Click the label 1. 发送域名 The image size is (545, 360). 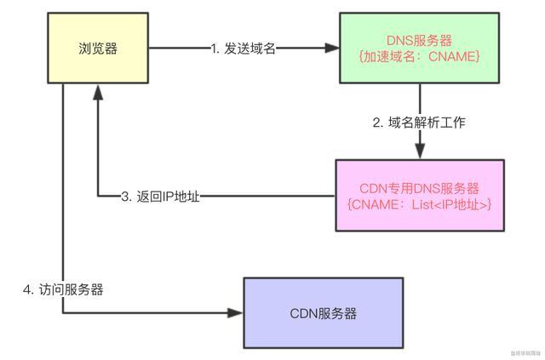(x=243, y=49)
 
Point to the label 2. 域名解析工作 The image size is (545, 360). (x=420, y=122)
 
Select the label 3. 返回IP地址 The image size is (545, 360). (x=159, y=197)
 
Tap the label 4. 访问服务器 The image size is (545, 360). (x=62, y=289)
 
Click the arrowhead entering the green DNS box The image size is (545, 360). (x=333, y=49)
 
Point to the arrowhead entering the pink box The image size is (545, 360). (x=420, y=153)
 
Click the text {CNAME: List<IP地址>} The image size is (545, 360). (x=420, y=204)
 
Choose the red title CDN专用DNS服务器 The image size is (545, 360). (x=419, y=188)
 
